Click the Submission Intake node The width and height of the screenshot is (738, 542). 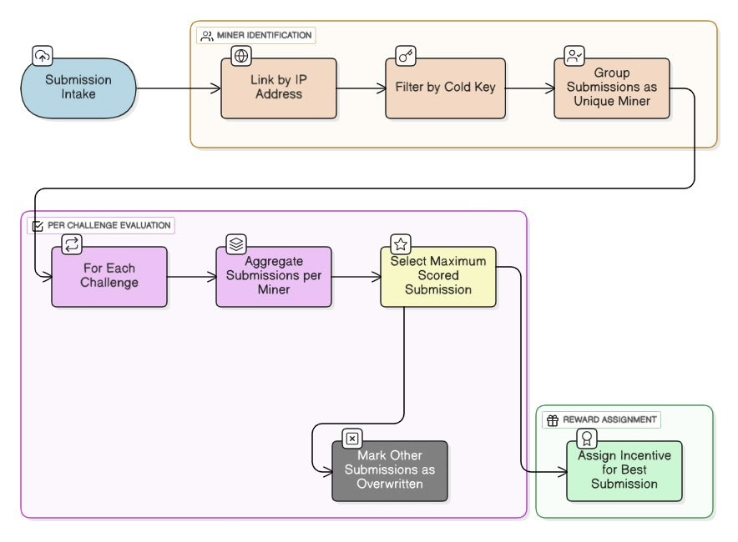click(78, 88)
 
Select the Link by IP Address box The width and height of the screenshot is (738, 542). click(279, 88)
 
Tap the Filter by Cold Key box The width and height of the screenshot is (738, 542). click(445, 88)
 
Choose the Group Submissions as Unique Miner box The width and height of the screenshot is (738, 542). click(611, 88)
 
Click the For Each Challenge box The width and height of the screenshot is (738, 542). click(109, 276)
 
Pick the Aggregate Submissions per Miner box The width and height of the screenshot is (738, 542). click(274, 276)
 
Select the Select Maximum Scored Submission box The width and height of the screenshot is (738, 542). click(438, 276)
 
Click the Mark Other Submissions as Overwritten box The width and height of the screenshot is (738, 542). click(390, 470)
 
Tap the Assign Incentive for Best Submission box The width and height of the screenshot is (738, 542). click(624, 470)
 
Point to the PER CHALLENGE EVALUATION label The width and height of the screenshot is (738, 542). click(101, 225)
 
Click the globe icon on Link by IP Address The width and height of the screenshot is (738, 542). click(241, 56)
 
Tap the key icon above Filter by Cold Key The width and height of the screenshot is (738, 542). click(407, 56)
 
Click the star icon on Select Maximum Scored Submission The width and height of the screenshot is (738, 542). click(401, 244)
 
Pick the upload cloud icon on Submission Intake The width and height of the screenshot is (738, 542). click(42, 56)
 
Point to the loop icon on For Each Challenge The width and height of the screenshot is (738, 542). click(72, 244)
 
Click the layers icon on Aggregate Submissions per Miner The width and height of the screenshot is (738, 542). click(236, 244)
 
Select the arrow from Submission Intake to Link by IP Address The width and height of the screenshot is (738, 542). click(177, 88)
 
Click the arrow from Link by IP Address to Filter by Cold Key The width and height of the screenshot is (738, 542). click(361, 88)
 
